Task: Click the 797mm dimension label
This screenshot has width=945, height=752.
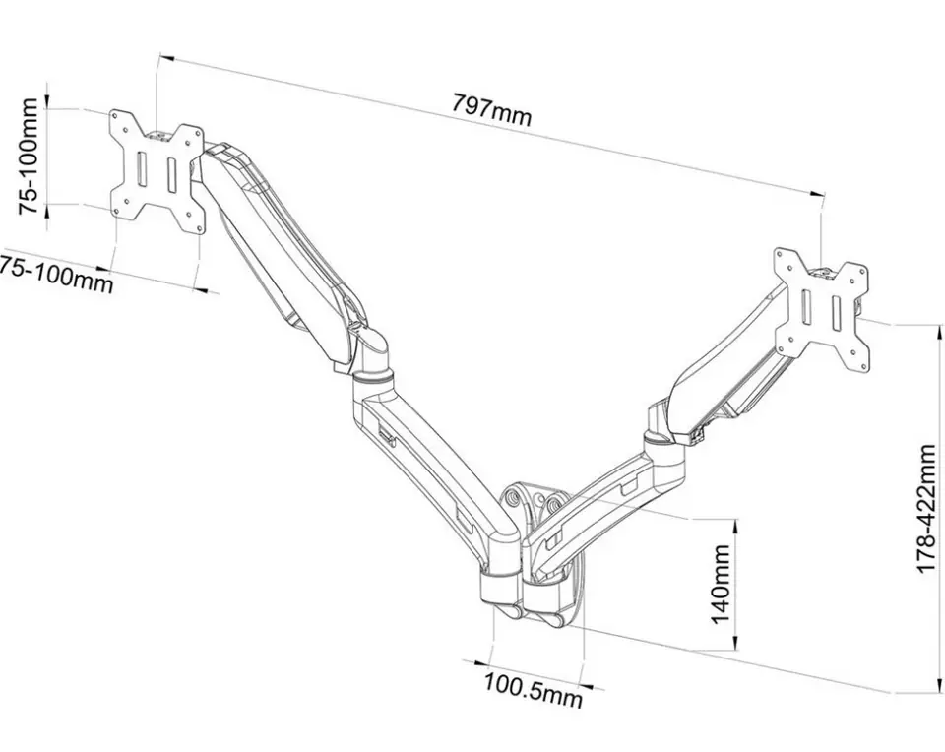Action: point(492,109)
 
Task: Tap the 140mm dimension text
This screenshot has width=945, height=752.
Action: point(721,585)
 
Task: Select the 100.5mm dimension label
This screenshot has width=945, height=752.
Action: point(534,690)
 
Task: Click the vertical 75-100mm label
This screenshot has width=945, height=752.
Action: point(28,157)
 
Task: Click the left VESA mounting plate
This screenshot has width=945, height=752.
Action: point(157,171)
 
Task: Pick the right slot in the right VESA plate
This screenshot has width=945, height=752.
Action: point(838,313)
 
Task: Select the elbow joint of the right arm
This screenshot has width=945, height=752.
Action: point(662,433)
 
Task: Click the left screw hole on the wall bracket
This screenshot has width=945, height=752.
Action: point(514,498)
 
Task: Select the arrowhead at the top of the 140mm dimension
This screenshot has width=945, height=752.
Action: point(734,525)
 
